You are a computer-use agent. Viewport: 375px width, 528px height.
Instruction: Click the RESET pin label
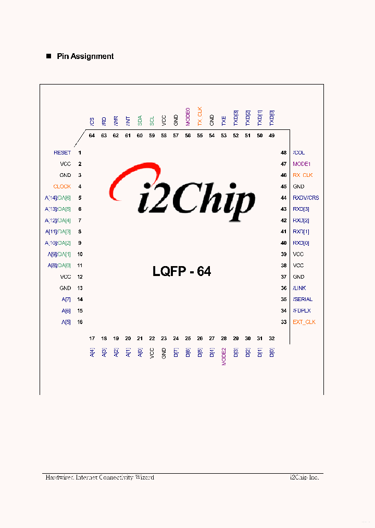click(x=62, y=153)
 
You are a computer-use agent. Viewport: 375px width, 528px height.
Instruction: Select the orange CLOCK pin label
click(x=62, y=187)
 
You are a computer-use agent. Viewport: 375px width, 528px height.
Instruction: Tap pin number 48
click(x=283, y=153)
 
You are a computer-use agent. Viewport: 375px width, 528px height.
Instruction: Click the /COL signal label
click(x=299, y=153)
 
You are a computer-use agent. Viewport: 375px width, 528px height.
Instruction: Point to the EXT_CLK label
click(x=304, y=322)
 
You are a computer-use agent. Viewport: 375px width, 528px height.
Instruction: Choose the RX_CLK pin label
click(x=303, y=175)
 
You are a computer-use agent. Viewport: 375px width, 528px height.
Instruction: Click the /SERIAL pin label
click(x=303, y=299)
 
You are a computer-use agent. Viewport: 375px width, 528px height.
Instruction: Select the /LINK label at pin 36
click(x=299, y=288)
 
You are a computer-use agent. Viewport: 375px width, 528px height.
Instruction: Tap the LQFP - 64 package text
click(x=182, y=271)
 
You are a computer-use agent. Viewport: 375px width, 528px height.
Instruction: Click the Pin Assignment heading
click(x=85, y=56)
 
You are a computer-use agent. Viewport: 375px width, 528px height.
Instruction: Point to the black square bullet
click(x=49, y=56)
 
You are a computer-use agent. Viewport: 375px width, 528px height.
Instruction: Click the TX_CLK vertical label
click(x=199, y=116)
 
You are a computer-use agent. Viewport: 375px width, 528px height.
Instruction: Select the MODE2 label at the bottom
click(x=224, y=356)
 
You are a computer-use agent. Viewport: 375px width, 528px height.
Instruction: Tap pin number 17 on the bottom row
click(x=92, y=339)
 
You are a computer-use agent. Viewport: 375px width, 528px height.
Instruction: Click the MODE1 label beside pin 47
click(x=302, y=164)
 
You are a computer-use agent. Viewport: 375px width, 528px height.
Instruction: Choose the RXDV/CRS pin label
click(x=306, y=198)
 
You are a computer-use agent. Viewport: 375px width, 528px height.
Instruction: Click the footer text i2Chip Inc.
click(x=304, y=477)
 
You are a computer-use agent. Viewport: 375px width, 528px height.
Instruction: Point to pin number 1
click(x=80, y=153)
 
